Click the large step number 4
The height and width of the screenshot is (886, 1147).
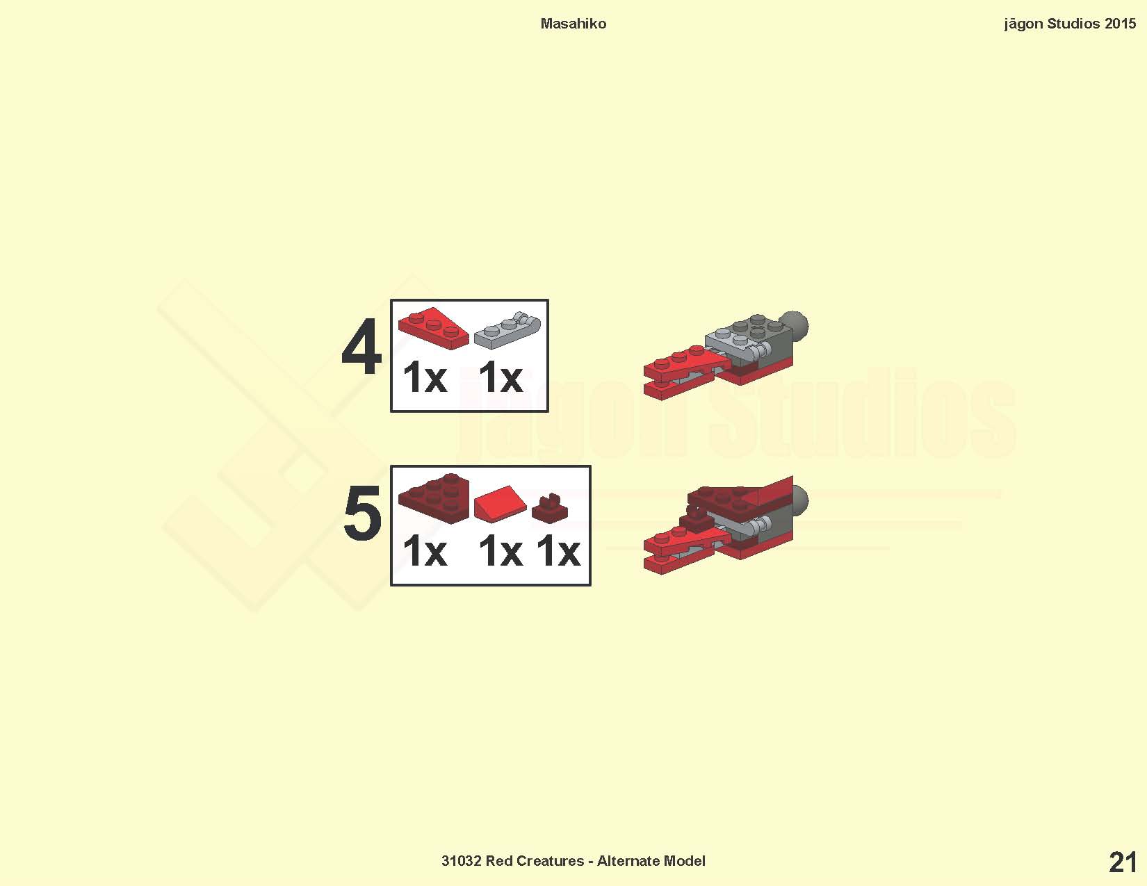coord(362,347)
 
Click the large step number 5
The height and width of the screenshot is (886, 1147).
coord(362,513)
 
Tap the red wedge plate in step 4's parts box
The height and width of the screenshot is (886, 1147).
coord(433,328)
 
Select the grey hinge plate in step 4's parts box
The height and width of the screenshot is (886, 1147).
coord(507,330)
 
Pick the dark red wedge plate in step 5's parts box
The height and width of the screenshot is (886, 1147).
coord(433,498)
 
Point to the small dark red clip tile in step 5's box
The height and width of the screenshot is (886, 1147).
coord(549,508)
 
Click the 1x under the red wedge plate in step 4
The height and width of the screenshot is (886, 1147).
coord(425,377)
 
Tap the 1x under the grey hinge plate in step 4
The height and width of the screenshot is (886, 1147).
coord(501,377)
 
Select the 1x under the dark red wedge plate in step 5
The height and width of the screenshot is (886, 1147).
coord(425,551)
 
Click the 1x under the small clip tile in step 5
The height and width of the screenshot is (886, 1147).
coord(558,551)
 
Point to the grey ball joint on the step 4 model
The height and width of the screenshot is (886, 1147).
coord(795,326)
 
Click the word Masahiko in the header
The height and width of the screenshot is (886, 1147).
coord(573,24)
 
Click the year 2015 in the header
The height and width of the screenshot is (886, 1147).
coord(1120,24)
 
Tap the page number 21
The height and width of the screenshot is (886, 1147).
coord(1123,863)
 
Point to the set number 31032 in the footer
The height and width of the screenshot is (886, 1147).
coord(462,861)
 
